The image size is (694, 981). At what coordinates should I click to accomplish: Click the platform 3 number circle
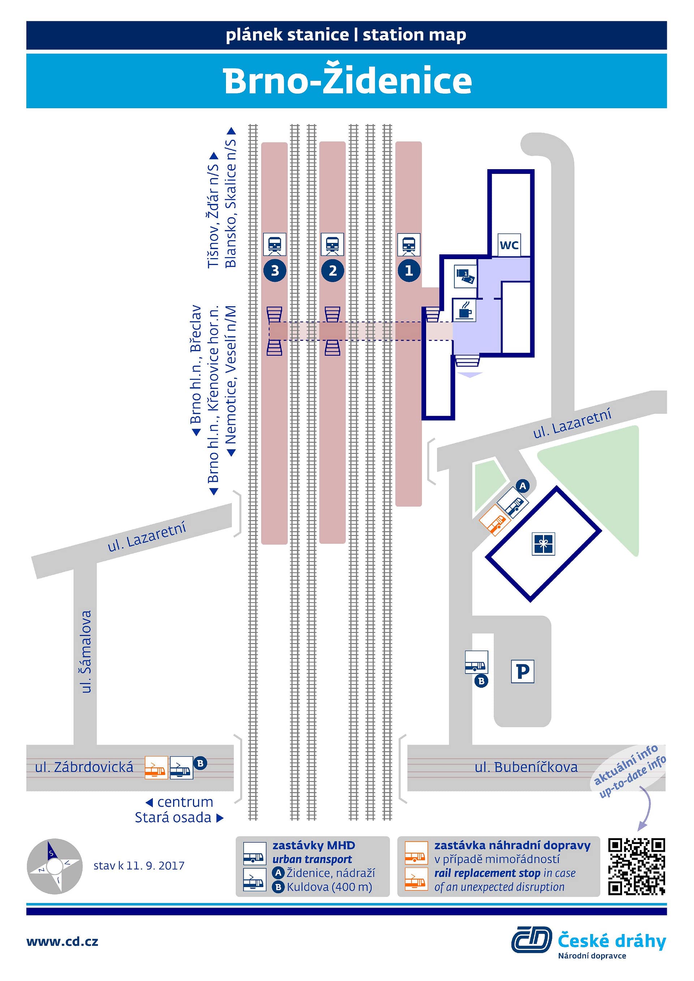tap(275, 270)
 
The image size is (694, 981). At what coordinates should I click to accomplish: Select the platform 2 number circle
tap(333, 270)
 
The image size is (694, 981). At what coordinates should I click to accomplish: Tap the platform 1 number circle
tap(409, 270)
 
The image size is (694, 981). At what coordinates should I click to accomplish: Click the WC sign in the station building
tap(509, 245)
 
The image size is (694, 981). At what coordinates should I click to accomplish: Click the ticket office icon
tap(465, 277)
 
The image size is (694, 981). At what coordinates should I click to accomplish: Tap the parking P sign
tap(523, 671)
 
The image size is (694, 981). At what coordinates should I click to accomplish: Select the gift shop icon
tap(543, 544)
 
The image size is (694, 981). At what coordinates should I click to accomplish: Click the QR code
tap(637, 866)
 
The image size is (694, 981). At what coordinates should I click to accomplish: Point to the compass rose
tap(54, 866)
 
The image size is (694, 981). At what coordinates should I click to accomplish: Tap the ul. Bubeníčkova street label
tap(526, 767)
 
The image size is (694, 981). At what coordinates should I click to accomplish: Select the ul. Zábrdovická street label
tap(84, 767)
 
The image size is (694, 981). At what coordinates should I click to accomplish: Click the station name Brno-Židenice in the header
tap(347, 80)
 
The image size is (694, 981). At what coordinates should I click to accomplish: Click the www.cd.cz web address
tap(63, 941)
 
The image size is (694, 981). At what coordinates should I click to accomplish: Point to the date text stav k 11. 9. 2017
tap(139, 866)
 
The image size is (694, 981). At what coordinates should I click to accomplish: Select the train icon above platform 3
tap(274, 244)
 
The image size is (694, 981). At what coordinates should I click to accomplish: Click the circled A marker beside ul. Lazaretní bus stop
tap(522, 486)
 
